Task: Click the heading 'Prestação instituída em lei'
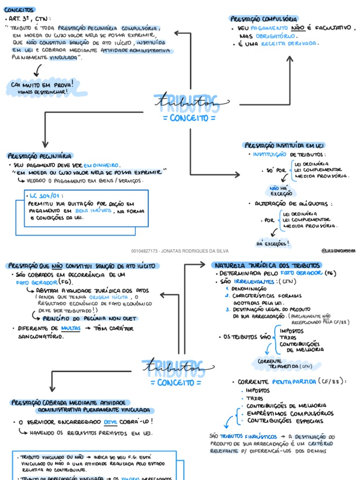coord(285,145)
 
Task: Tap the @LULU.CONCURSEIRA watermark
coord(338,251)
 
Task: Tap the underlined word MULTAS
coord(71,329)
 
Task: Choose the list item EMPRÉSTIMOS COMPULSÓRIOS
coord(290,413)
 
